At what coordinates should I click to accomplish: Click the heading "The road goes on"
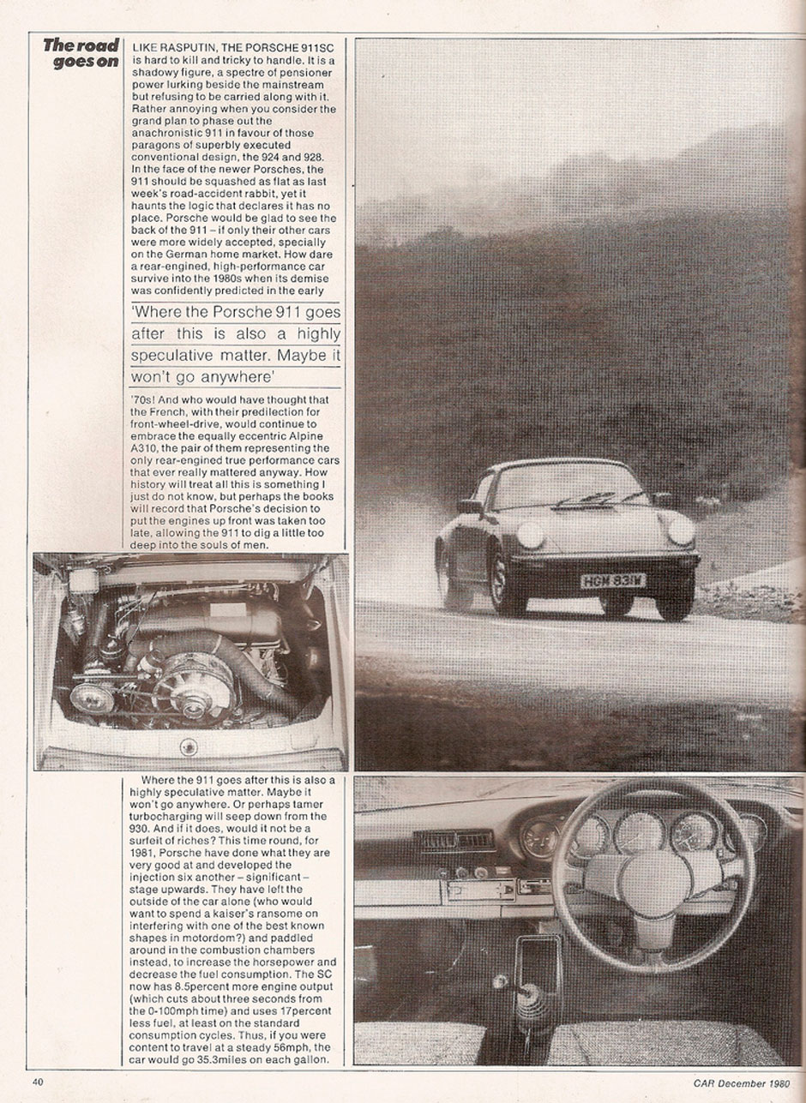click(x=81, y=53)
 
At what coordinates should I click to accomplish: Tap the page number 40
click(x=38, y=1082)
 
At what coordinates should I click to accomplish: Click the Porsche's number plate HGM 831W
click(x=612, y=581)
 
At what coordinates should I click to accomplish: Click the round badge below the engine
click(x=188, y=746)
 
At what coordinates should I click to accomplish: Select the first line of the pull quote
click(x=236, y=313)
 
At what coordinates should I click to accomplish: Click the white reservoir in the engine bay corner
click(x=83, y=579)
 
